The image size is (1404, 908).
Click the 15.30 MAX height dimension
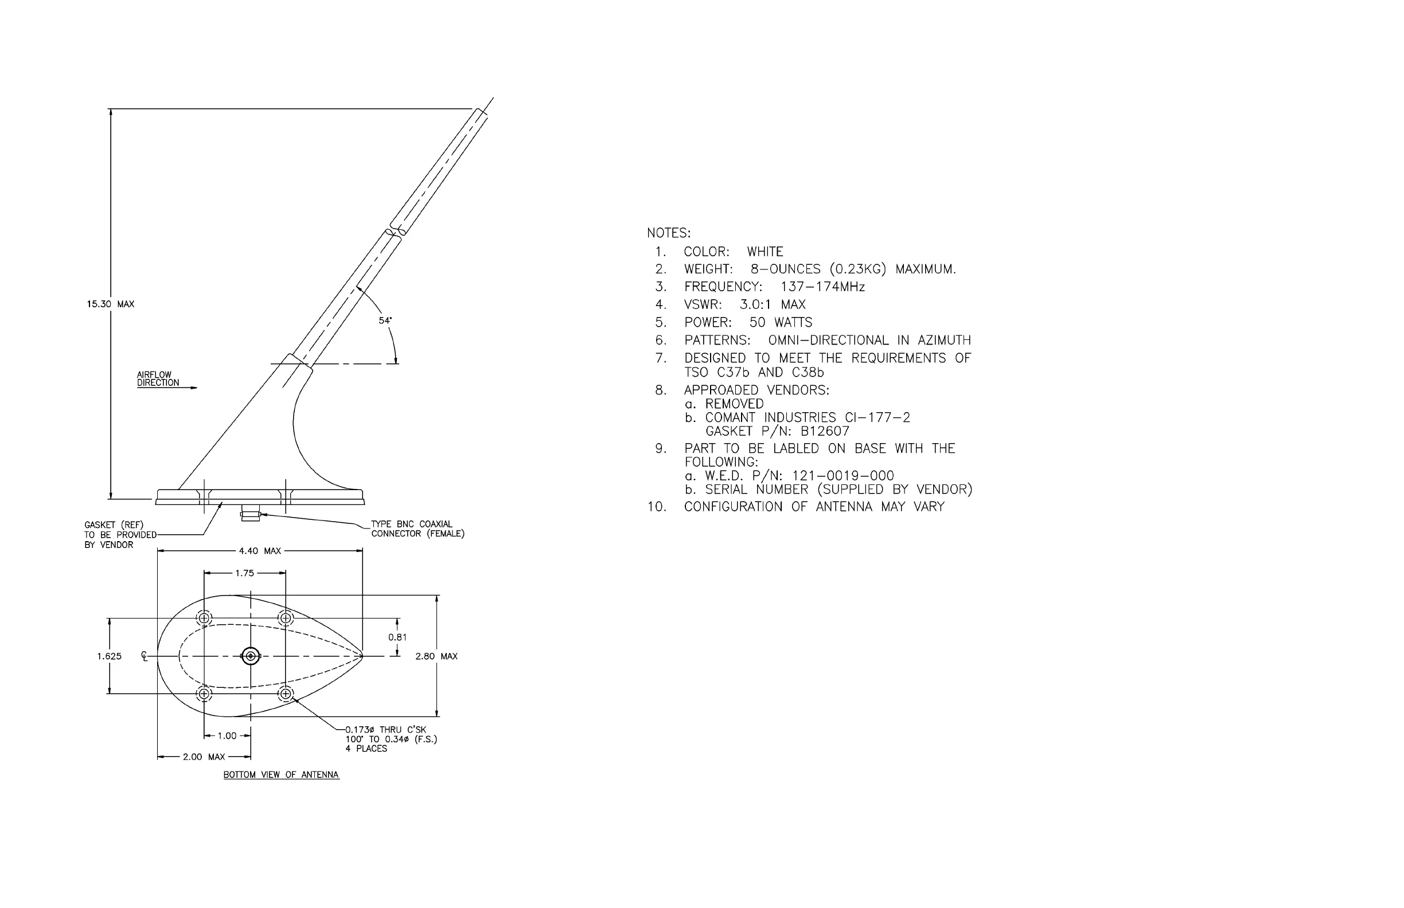coord(110,304)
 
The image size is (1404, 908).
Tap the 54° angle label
coord(385,321)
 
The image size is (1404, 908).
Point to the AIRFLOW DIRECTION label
coord(158,378)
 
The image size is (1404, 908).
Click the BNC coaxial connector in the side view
coord(250,515)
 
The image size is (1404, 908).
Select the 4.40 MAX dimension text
coord(260,551)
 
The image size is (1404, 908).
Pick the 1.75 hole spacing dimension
coord(244,573)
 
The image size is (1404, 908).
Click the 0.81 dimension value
coord(397,637)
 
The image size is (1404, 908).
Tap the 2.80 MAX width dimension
coord(436,656)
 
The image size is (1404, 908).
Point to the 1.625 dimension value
coord(109,656)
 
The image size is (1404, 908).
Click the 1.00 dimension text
coord(227,736)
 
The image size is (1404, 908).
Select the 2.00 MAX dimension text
coord(204,757)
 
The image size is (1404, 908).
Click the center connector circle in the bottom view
coord(251,656)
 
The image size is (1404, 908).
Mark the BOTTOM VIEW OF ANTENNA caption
coord(281,775)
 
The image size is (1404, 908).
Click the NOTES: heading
coord(668,233)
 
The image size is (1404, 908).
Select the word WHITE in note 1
coord(765,252)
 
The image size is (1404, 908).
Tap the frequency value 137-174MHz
coord(822,287)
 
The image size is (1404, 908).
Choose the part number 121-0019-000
coord(843,476)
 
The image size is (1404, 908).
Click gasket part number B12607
coord(825,432)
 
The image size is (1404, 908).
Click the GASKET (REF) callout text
coord(114,525)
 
